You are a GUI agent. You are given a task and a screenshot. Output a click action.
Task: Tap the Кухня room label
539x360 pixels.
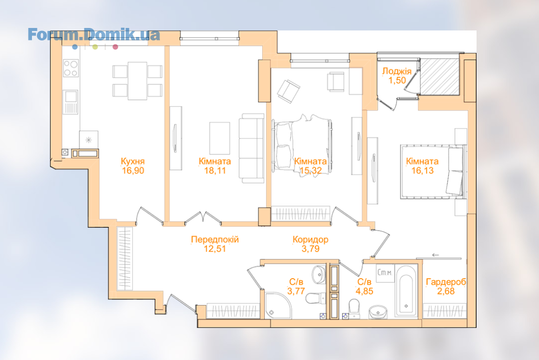coord(133,161)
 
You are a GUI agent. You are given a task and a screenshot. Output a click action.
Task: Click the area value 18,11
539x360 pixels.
coord(215,170)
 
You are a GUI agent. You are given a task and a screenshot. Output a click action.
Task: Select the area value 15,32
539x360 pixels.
coord(310,170)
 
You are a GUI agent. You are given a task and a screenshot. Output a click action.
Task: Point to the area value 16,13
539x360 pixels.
coord(423,170)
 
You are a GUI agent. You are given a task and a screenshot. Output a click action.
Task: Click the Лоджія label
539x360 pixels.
coord(397,71)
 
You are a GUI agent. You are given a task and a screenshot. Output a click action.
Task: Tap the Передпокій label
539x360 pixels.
coord(214,240)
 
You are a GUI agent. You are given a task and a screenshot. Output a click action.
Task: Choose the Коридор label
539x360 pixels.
coord(310,240)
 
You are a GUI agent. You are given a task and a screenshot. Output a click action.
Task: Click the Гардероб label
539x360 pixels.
coord(446,282)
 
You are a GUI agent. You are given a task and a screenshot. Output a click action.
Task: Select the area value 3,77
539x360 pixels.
coord(296,291)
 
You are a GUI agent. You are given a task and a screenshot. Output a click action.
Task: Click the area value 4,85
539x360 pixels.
coord(364,291)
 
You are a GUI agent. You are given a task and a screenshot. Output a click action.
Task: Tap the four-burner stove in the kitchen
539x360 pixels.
coord(70,68)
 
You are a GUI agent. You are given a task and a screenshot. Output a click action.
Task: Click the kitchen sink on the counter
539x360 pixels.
coord(70,102)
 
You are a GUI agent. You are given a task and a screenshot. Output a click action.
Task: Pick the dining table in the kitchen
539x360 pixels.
coord(137,81)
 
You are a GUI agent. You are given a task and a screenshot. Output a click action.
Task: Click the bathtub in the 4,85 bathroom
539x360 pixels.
coord(406,291)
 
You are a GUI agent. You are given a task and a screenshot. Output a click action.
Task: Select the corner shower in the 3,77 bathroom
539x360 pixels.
coord(278,306)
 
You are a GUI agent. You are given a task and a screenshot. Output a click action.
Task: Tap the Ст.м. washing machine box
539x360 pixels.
coord(385,273)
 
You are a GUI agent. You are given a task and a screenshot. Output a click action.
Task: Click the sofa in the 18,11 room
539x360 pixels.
coord(252,148)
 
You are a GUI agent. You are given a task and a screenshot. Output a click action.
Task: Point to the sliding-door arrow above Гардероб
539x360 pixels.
coord(435,255)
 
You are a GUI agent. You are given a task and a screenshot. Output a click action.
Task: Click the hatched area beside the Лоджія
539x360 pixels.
coord(440,76)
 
